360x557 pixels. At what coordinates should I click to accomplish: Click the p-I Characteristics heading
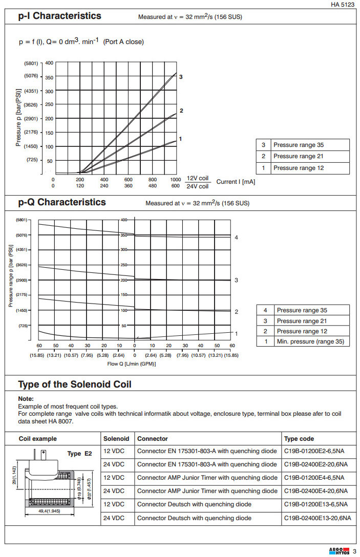59,16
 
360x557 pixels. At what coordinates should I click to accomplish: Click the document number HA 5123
343,5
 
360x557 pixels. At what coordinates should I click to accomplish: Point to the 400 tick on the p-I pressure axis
49,63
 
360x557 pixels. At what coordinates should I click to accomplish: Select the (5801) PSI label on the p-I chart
31,63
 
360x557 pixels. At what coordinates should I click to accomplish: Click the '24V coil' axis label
197,186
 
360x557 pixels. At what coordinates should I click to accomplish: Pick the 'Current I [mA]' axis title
236,182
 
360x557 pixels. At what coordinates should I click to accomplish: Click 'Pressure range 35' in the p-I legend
298,145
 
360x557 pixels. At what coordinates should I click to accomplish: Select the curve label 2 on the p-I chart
181,111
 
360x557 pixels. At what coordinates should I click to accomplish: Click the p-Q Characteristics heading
62,202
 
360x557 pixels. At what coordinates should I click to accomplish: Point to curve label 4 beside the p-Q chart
236,238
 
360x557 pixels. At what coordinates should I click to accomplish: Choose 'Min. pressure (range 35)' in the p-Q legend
310,341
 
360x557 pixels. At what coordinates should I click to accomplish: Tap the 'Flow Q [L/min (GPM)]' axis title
132,363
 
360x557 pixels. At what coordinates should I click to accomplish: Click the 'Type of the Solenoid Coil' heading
75,384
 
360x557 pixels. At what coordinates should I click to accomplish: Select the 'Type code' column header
299,439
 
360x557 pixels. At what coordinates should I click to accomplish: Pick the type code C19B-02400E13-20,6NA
317,518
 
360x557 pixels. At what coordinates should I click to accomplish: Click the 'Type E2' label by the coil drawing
79,454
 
